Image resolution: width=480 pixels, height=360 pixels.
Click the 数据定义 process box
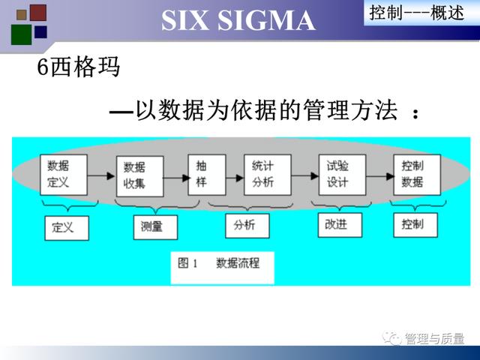(64, 175)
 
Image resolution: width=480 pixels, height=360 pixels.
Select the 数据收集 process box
(140, 176)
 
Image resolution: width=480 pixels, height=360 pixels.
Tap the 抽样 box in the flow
(207, 175)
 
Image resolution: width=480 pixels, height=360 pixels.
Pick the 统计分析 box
(268, 175)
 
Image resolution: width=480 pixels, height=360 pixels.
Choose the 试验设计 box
(342, 175)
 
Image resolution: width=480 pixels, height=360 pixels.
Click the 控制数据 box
(417, 175)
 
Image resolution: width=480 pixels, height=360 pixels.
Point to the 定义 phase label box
(67, 228)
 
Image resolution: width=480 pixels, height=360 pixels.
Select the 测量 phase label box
(155, 227)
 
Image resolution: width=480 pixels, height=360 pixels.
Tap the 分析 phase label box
(247, 226)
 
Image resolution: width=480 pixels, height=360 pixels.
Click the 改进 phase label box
(340, 225)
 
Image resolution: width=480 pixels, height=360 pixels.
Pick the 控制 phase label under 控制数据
(415, 225)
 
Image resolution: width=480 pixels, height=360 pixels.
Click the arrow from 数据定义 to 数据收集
(101, 175)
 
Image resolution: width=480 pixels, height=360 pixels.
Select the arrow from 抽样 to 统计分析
(235, 178)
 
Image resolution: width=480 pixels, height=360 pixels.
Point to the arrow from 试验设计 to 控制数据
(380, 176)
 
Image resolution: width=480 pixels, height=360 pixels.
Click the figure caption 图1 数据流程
(218, 263)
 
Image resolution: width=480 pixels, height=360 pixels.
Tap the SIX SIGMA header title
(238, 20)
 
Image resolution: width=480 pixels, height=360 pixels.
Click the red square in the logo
(38, 13)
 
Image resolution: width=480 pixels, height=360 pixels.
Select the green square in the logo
(22, 34)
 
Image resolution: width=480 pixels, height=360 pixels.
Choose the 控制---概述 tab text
(417, 13)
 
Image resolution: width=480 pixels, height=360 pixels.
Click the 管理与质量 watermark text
(434, 338)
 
